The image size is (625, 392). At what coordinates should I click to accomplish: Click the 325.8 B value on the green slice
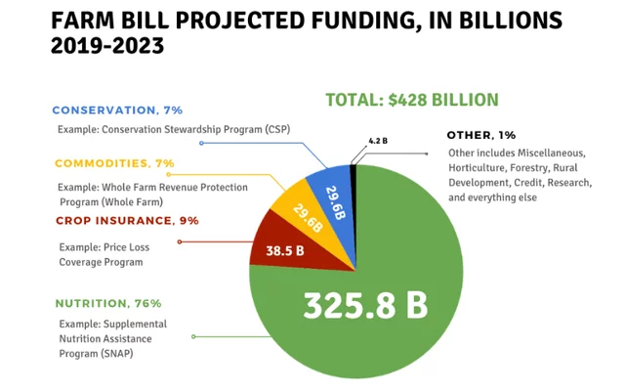pyautogui.click(x=365, y=304)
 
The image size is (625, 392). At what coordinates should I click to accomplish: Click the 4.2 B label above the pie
pyautogui.click(x=378, y=141)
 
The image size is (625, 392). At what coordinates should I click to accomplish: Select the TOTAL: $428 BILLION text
pyautogui.click(x=411, y=100)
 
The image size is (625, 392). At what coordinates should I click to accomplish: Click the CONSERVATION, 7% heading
pyautogui.click(x=117, y=110)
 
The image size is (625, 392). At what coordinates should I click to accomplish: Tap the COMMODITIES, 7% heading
pyautogui.click(x=114, y=163)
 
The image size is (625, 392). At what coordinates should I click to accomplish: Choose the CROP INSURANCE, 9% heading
pyautogui.click(x=127, y=221)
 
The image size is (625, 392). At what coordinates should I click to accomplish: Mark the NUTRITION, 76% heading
pyautogui.click(x=108, y=304)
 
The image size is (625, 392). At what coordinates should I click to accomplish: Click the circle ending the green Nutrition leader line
pyautogui.click(x=194, y=336)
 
